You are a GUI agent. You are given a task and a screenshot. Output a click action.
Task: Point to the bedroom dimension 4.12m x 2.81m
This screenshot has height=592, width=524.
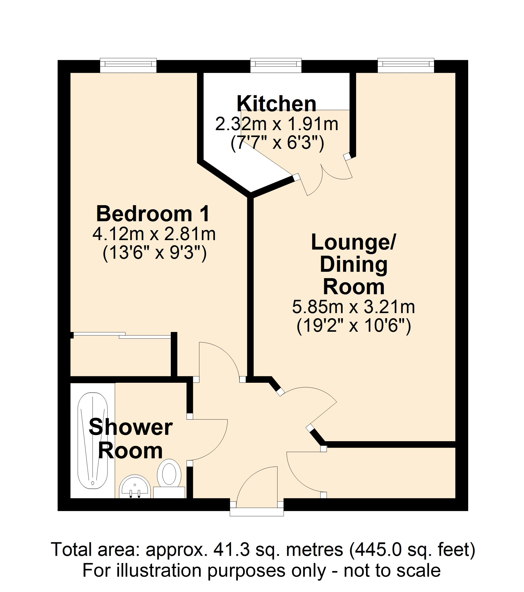point(154,234)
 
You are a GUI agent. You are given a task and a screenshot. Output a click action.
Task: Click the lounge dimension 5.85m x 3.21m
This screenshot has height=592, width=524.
point(353,307)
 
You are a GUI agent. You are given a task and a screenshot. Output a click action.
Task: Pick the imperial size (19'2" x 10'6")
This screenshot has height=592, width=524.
point(353,326)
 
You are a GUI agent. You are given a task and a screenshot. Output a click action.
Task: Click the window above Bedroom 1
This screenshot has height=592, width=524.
point(128,66)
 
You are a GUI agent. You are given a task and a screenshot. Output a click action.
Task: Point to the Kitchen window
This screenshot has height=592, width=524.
point(276,66)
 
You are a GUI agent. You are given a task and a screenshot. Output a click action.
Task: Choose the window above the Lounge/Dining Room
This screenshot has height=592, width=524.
point(406,66)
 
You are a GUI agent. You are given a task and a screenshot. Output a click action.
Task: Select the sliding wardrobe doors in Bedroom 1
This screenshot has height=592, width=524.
point(122,336)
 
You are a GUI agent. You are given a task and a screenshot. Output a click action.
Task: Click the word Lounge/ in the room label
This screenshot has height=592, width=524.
point(353,242)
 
